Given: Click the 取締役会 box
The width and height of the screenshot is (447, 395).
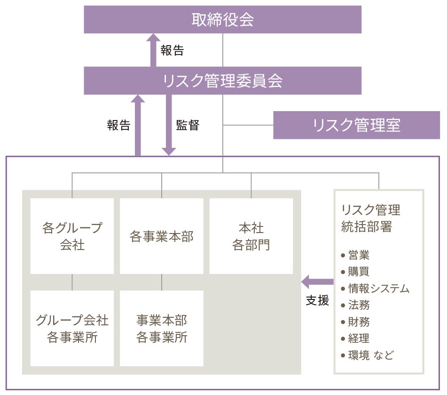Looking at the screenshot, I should [x=222, y=20].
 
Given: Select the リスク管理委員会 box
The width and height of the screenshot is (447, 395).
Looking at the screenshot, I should [x=222, y=81].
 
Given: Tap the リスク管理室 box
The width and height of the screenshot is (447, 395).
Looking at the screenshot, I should [x=356, y=125].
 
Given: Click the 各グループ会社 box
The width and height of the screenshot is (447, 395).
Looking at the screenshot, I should [x=72, y=236].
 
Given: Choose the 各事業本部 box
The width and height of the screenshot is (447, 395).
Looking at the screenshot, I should [x=161, y=236].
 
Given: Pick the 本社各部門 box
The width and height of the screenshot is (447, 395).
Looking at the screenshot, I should [x=251, y=236].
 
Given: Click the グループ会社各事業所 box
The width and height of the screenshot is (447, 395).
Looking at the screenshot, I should [x=72, y=328].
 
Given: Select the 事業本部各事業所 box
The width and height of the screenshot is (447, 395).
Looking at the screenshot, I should [x=161, y=328].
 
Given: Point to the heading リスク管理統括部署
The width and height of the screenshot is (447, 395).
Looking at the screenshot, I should [x=371, y=218].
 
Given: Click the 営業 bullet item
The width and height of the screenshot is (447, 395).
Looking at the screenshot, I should [x=359, y=255].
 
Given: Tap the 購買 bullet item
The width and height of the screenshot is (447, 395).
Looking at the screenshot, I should [x=359, y=272].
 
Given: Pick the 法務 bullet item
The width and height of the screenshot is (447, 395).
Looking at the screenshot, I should [x=359, y=305].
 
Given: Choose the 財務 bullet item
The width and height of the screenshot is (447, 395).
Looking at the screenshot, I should [x=359, y=322].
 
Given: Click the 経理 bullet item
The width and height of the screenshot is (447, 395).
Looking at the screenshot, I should [x=359, y=338].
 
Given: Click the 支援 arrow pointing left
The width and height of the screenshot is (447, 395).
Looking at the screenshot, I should [x=317, y=282].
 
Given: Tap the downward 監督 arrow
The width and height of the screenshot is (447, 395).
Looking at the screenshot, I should [x=168, y=125].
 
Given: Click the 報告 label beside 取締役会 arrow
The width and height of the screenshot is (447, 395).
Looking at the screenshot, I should [x=172, y=50].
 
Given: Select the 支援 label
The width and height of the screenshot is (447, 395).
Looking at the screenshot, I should [x=317, y=300].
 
